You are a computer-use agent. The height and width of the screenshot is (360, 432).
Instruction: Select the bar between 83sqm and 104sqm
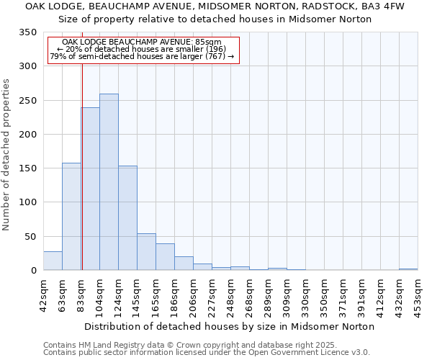point(91,189)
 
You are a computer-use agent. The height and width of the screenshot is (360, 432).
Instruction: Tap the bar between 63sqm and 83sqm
point(71,217)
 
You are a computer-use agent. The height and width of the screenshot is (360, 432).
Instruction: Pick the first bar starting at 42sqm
point(53,261)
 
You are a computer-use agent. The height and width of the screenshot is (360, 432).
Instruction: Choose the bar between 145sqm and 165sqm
point(146,252)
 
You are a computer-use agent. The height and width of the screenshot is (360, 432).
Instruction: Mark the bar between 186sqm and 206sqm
point(184,264)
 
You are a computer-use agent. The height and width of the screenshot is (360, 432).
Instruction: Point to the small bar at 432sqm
point(408,269)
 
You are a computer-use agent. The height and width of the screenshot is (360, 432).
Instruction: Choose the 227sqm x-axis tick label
point(212,294)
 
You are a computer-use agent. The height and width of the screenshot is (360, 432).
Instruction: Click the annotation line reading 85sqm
point(147,42)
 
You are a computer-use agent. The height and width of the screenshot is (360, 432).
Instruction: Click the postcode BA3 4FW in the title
point(386,6)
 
